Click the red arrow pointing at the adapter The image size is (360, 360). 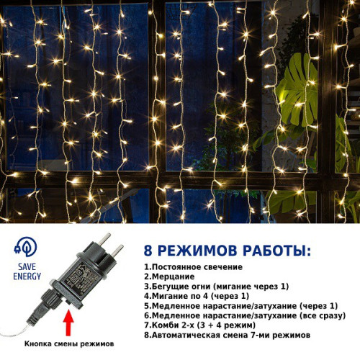point(69,323)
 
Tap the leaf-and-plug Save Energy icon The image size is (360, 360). point(26,247)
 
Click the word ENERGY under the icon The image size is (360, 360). point(27,276)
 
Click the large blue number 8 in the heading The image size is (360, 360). point(148,251)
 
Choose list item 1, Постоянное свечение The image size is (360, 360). point(194,267)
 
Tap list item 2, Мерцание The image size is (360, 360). point(169,276)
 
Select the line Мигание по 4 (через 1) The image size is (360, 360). point(197,296)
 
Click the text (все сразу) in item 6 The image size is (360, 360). point(323,315)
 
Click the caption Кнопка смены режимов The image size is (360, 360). point(69,343)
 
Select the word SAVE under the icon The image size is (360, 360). point(27,266)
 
